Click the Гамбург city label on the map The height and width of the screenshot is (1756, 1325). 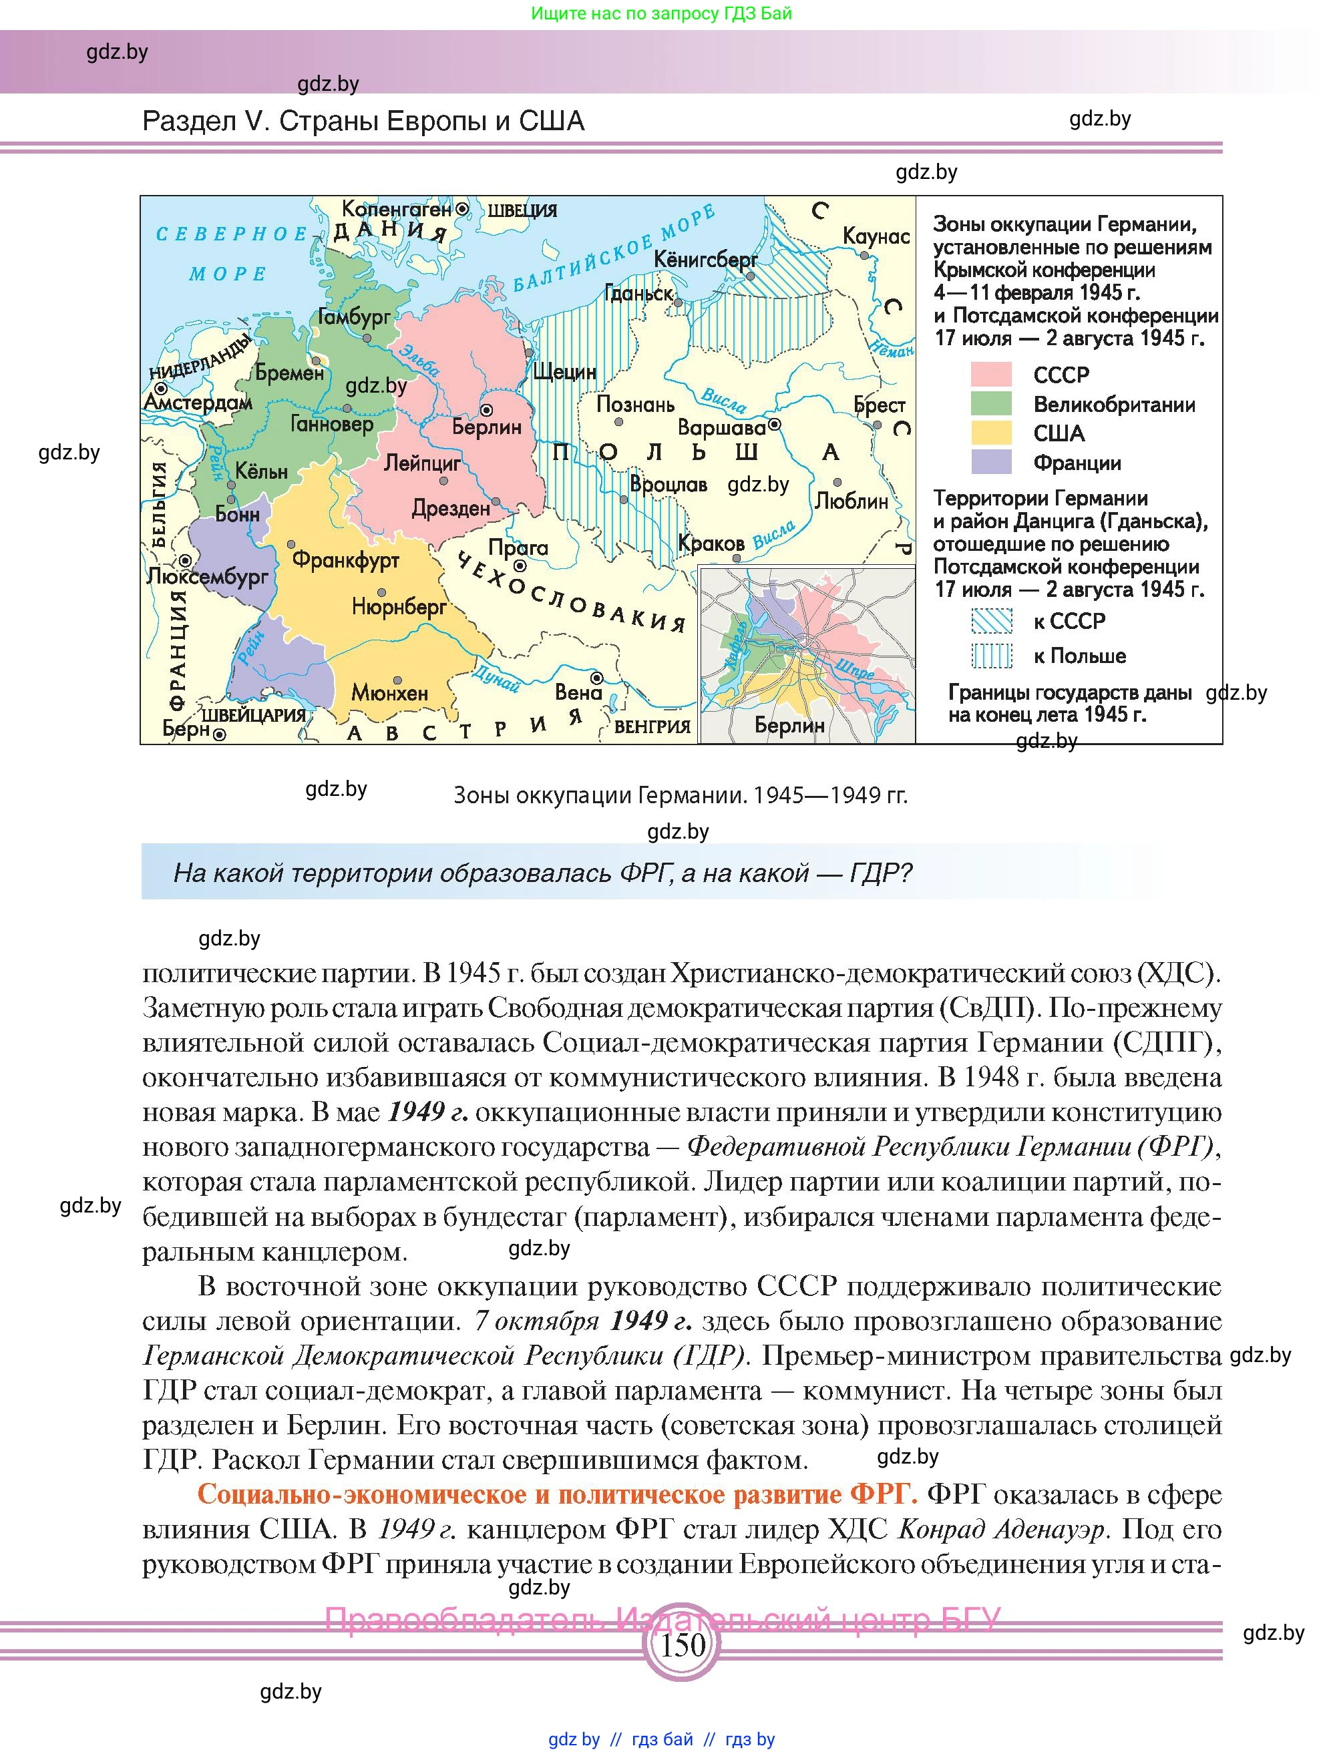[353, 316]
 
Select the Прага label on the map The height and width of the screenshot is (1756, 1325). [518, 547]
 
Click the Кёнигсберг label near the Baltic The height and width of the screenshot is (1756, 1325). [705, 260]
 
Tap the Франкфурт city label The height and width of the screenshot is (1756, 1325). [345, 560]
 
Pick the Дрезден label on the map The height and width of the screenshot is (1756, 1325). [450, 508]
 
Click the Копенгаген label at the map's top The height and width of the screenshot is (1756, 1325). [396, 209]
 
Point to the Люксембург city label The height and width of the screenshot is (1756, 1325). [208, 576]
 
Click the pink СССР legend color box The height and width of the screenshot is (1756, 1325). [991, 374]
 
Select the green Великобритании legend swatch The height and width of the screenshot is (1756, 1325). [991, 403]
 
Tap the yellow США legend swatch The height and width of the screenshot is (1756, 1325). [991, 433]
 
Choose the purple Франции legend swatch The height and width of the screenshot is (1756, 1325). [991, 462]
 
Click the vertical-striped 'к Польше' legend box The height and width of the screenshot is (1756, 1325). [991, 656]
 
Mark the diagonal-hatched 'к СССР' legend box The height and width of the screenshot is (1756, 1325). [991, 621]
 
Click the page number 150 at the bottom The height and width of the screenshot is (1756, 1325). [682, 1644]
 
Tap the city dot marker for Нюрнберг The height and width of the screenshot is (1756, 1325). [382, 592]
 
